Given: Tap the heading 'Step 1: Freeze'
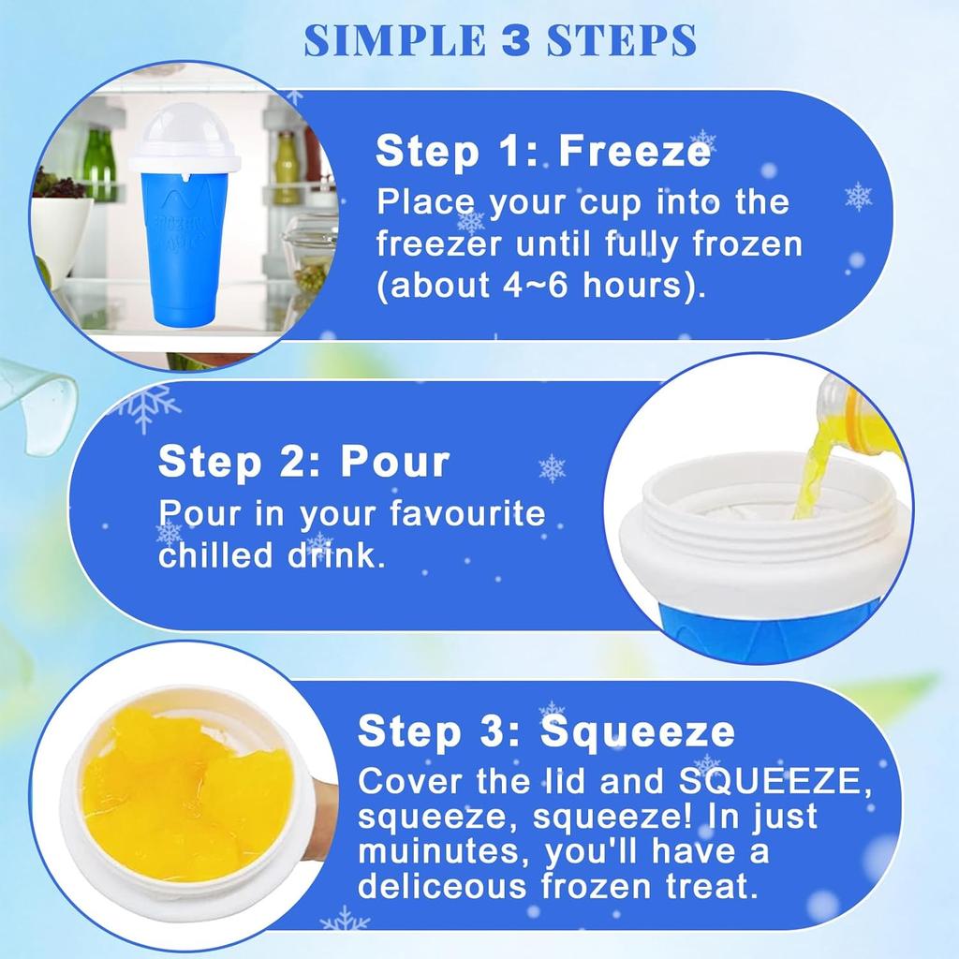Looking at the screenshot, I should [x=542, y=151].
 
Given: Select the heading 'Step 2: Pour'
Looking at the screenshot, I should [x=304, y=462].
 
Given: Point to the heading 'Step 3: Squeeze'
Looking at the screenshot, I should [x=546, y=731].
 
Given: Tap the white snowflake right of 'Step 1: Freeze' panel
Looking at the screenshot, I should [x=858, y=196].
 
